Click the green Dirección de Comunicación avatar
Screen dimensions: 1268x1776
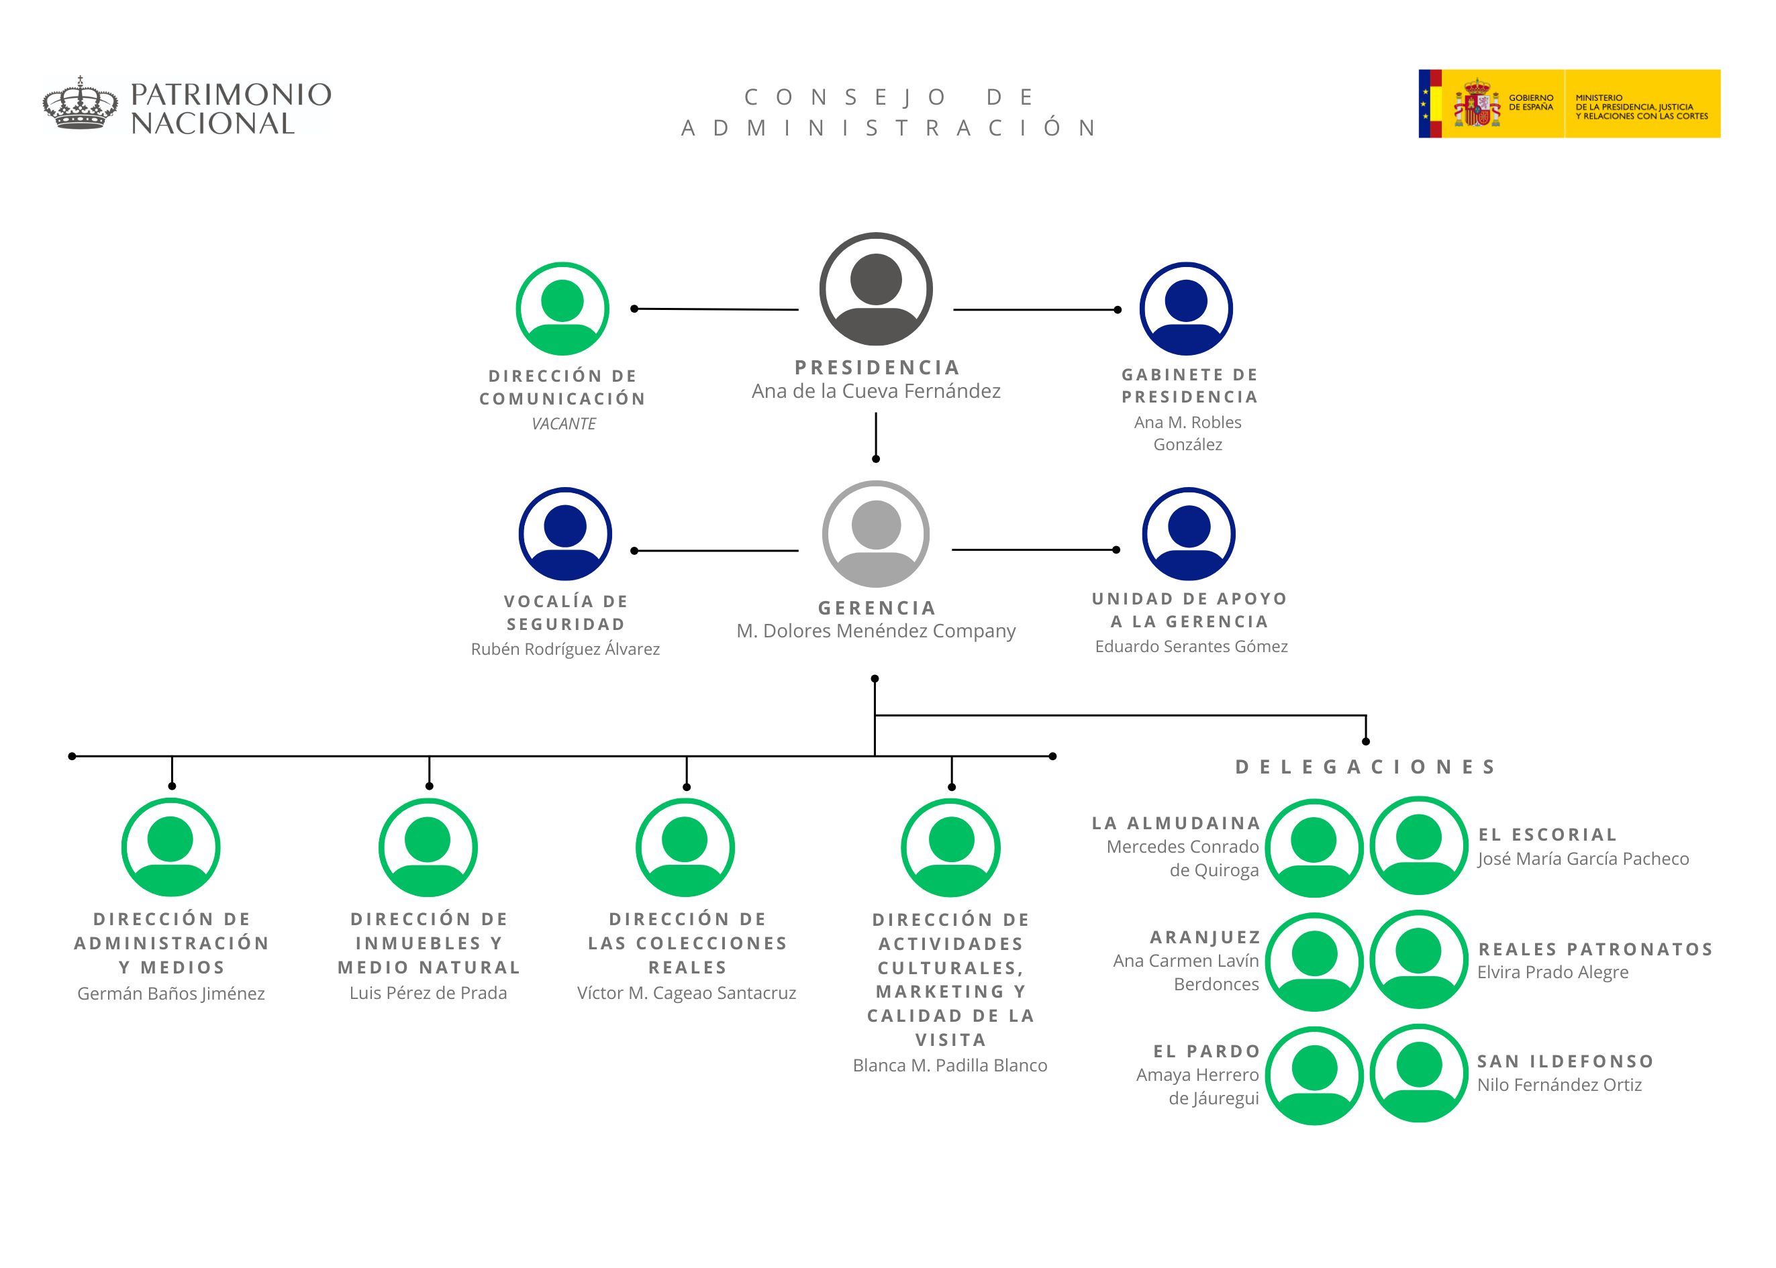coord(562,309)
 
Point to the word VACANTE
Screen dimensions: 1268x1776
coord(563,424)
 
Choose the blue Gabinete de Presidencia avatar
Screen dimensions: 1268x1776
coord(1185,309)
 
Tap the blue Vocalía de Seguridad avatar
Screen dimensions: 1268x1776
coord(564,534)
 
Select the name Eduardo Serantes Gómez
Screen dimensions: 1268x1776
coord(1190,647)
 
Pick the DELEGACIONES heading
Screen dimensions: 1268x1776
coord(1365,767)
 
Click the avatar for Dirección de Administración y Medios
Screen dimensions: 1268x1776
coord(170,847)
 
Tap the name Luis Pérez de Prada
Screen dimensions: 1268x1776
coord(428,993)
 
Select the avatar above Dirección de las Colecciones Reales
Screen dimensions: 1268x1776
coord(685,847)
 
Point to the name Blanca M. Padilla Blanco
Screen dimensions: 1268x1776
coord(950,1066)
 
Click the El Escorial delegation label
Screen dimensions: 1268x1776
coord(1547,835)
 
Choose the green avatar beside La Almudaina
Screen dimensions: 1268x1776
coord(1314,848)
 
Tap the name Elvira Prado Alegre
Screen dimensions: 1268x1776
coord(1552,973)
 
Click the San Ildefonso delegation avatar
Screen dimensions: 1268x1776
coord(1418,1073)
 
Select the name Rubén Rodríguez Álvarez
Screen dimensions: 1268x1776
coord(564,649)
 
